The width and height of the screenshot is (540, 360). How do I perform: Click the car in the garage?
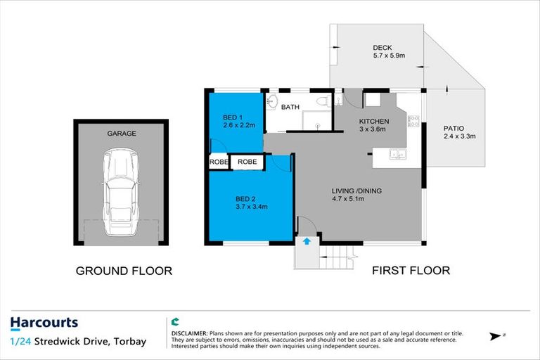click(122, 193)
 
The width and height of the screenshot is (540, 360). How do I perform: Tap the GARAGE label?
click(122, 133)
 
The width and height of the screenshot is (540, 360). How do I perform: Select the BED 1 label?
click(233, 116)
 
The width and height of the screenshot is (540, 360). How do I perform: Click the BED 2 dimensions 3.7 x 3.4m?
click(251, 207)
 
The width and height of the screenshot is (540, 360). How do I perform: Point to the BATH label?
click(290, 108)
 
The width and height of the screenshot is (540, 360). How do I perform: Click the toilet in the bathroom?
click(323, 103)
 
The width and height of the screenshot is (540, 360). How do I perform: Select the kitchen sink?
click(397, 153)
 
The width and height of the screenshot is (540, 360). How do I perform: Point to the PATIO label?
click(453, 128)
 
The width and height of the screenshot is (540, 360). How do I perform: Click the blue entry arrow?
click(307, 241)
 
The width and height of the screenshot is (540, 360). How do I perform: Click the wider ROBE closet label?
click(247, 162)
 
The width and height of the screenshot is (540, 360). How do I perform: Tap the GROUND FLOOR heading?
click(124, 271)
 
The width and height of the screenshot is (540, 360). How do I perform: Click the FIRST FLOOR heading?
click(411, 271)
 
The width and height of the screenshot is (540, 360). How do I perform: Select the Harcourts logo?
click(44, 323)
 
